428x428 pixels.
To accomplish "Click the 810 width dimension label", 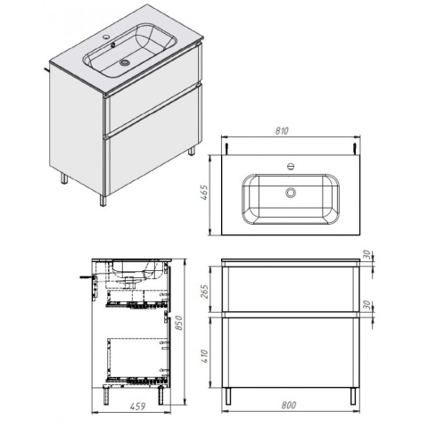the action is pyautogui.click(x=282, y=131).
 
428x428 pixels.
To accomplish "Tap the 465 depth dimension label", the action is pyautogui.click(x=205, y=193).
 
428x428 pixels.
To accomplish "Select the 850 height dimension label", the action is pyautogui.click(x=179, y=322).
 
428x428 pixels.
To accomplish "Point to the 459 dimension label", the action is pyautogui.click(x=137, y=406).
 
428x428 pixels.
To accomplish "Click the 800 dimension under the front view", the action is pyautogui.click(x=288, y=405).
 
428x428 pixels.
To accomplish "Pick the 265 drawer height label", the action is pyautogui.click(x=205, y=292).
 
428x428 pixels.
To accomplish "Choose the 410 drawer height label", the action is pyautogui.click(x=205, y=357).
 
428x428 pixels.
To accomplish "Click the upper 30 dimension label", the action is pyautogui.click(x=367, y=254).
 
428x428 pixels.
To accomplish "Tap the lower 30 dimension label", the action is pyautogui.click(x=367, y=305).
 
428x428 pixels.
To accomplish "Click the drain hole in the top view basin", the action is pyautogui.click(x=291, y=193).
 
